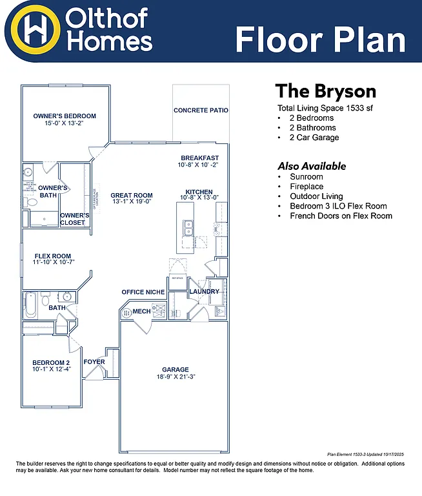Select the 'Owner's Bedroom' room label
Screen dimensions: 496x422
(x=65, y=116)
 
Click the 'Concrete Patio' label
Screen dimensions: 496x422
(x=201, y=110)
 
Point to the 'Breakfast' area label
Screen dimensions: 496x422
(x=199, y=158)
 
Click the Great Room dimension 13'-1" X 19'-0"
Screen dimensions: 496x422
(x=131, y=201)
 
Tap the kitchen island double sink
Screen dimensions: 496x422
(x=189, y=228)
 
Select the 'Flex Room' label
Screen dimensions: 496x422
(x=53, y=256)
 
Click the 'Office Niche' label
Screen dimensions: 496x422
(x=143, y=293)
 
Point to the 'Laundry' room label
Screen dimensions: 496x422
(x=204, y=292)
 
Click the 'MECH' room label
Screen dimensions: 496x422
(x=141, y=311)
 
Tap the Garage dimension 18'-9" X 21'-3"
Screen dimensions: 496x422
(x=176, y=377)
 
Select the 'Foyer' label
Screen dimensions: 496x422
(x=94, y=362)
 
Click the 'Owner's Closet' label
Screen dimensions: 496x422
(x=74, y=219)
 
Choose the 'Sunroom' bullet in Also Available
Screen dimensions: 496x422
(x=306, y=176)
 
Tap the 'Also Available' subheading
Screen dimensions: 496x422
(x=312, y=166)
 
